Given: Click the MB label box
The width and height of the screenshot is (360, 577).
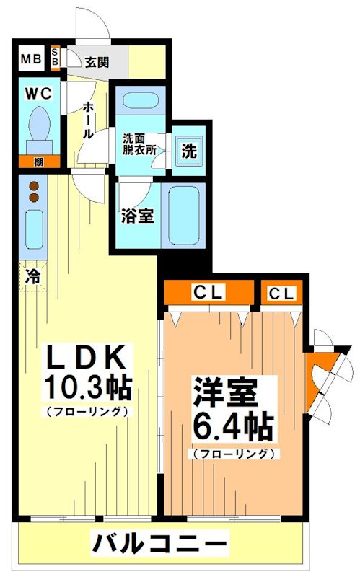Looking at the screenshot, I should (30, 59).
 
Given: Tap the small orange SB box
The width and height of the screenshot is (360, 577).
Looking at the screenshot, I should (55, 58).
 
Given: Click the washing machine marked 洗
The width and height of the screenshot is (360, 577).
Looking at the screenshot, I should (188, 151).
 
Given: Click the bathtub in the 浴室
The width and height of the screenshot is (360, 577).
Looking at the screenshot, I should (183, 213).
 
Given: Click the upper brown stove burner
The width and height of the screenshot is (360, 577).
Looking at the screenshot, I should (33, 187).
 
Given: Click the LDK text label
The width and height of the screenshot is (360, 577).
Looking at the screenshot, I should (87, 358).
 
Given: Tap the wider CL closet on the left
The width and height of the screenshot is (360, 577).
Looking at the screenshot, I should (209, 293).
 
